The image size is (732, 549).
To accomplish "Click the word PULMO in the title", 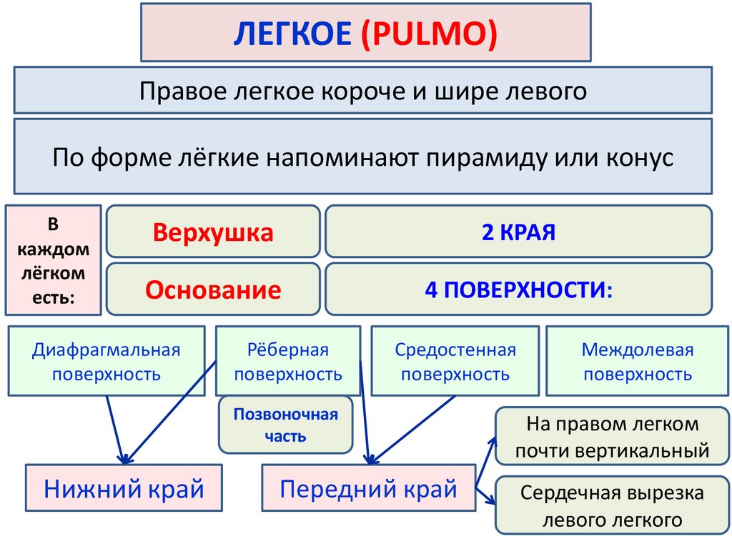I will (429, 33).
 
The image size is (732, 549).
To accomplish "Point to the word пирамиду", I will (483, 157).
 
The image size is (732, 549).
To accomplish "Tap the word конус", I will (638, 157).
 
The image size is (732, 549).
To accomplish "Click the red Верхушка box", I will (213, 232).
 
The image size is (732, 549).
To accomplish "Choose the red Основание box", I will (213, 290).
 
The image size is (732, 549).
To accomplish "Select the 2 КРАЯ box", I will (518, 232).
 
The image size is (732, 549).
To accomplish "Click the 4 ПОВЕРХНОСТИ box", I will (518, 290).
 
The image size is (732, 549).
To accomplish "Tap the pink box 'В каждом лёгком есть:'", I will (53, 261).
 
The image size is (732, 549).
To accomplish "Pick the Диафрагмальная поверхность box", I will (106, 361).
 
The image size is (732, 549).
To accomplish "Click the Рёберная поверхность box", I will (288, 361).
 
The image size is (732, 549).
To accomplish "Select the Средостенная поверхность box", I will (455, 361).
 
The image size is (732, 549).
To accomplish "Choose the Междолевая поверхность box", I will (637, 361).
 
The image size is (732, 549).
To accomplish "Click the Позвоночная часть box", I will (286, 425).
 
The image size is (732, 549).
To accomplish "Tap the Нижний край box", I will (124, 489).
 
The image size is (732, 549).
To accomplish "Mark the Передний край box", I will (368, 489).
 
